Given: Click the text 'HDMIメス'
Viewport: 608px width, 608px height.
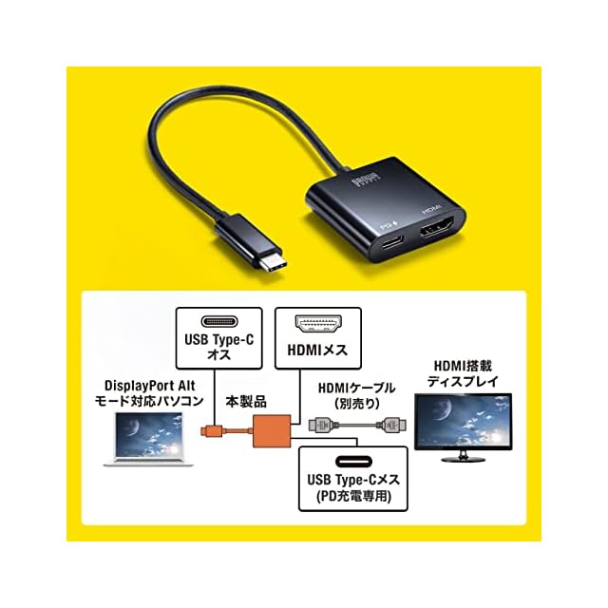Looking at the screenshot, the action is click(318, 350).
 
